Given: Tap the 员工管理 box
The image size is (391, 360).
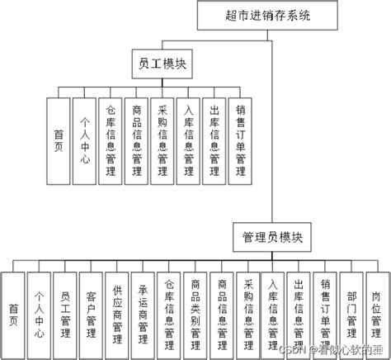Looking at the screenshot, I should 65,312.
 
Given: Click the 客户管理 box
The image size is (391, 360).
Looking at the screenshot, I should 91,312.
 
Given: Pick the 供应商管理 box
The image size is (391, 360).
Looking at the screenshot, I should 116,312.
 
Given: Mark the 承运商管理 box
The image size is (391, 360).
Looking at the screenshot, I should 143,312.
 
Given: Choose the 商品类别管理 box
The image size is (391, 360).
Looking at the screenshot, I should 195,312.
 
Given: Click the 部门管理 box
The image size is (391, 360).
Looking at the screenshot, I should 351,312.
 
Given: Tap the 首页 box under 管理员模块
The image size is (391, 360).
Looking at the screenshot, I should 13,312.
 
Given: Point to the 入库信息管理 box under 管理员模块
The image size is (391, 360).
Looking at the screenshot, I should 273,312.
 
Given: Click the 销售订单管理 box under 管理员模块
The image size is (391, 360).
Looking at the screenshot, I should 325,312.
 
